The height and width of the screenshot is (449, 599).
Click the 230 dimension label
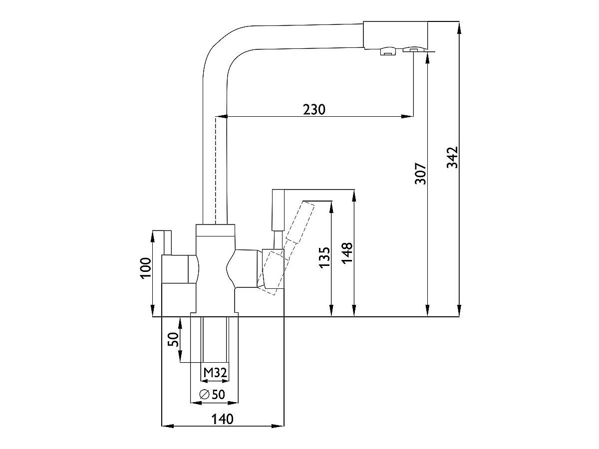[314, 109]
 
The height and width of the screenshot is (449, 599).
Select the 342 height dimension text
[452, 158]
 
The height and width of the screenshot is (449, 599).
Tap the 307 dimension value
[421, 173]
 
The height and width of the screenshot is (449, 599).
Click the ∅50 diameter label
[212, 394]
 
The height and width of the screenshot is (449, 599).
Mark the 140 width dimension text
[222, 419]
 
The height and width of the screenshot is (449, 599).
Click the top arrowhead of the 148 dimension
[353, 195]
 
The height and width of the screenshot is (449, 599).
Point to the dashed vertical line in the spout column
[215, 170]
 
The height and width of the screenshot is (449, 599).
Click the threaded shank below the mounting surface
[215, 339]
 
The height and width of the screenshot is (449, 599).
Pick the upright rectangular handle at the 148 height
[278, 210]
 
